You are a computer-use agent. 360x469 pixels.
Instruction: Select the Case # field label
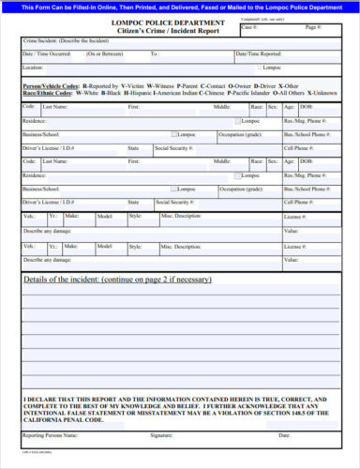[247, 28]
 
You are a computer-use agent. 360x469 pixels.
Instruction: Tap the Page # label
[312, 28]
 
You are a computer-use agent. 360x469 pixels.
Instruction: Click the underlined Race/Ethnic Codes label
[48, 93]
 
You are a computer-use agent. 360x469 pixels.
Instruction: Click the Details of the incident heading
[116, 280]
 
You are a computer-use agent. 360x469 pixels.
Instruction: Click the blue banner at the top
[180, 7]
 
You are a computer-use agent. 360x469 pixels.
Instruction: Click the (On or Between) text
[103, 54]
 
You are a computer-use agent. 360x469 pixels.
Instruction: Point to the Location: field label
[33, 68]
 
